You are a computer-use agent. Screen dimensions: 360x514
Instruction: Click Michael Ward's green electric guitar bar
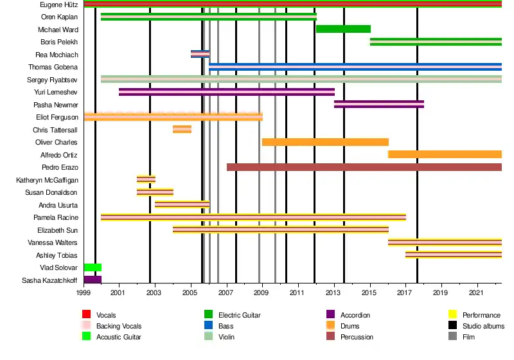[x=343, y=29]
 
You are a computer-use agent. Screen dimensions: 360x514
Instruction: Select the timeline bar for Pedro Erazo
[x=364, y=167]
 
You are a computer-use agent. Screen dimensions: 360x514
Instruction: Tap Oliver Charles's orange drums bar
[x=325, y=142]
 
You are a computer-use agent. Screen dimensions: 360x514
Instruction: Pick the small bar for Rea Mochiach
[x=200, y=54]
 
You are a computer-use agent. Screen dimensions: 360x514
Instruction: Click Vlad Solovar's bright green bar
[x=93, y=267]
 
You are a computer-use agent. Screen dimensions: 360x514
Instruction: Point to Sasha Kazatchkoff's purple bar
[x=93, y=280]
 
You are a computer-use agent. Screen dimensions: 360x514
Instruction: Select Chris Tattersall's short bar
[x=182, y=129]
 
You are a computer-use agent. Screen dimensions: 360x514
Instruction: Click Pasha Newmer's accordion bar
[x=378, y=104]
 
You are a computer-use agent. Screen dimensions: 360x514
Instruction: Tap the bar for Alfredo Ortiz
[x=445, y=154]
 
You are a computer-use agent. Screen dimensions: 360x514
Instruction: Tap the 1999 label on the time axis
[x=84, y=293]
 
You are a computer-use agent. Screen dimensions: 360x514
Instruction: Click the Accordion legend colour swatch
[x=331, y=314]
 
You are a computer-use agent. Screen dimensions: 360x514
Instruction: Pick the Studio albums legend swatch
[x=452, y=325]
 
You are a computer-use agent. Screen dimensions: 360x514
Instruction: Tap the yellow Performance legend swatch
[x=452, y=314]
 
